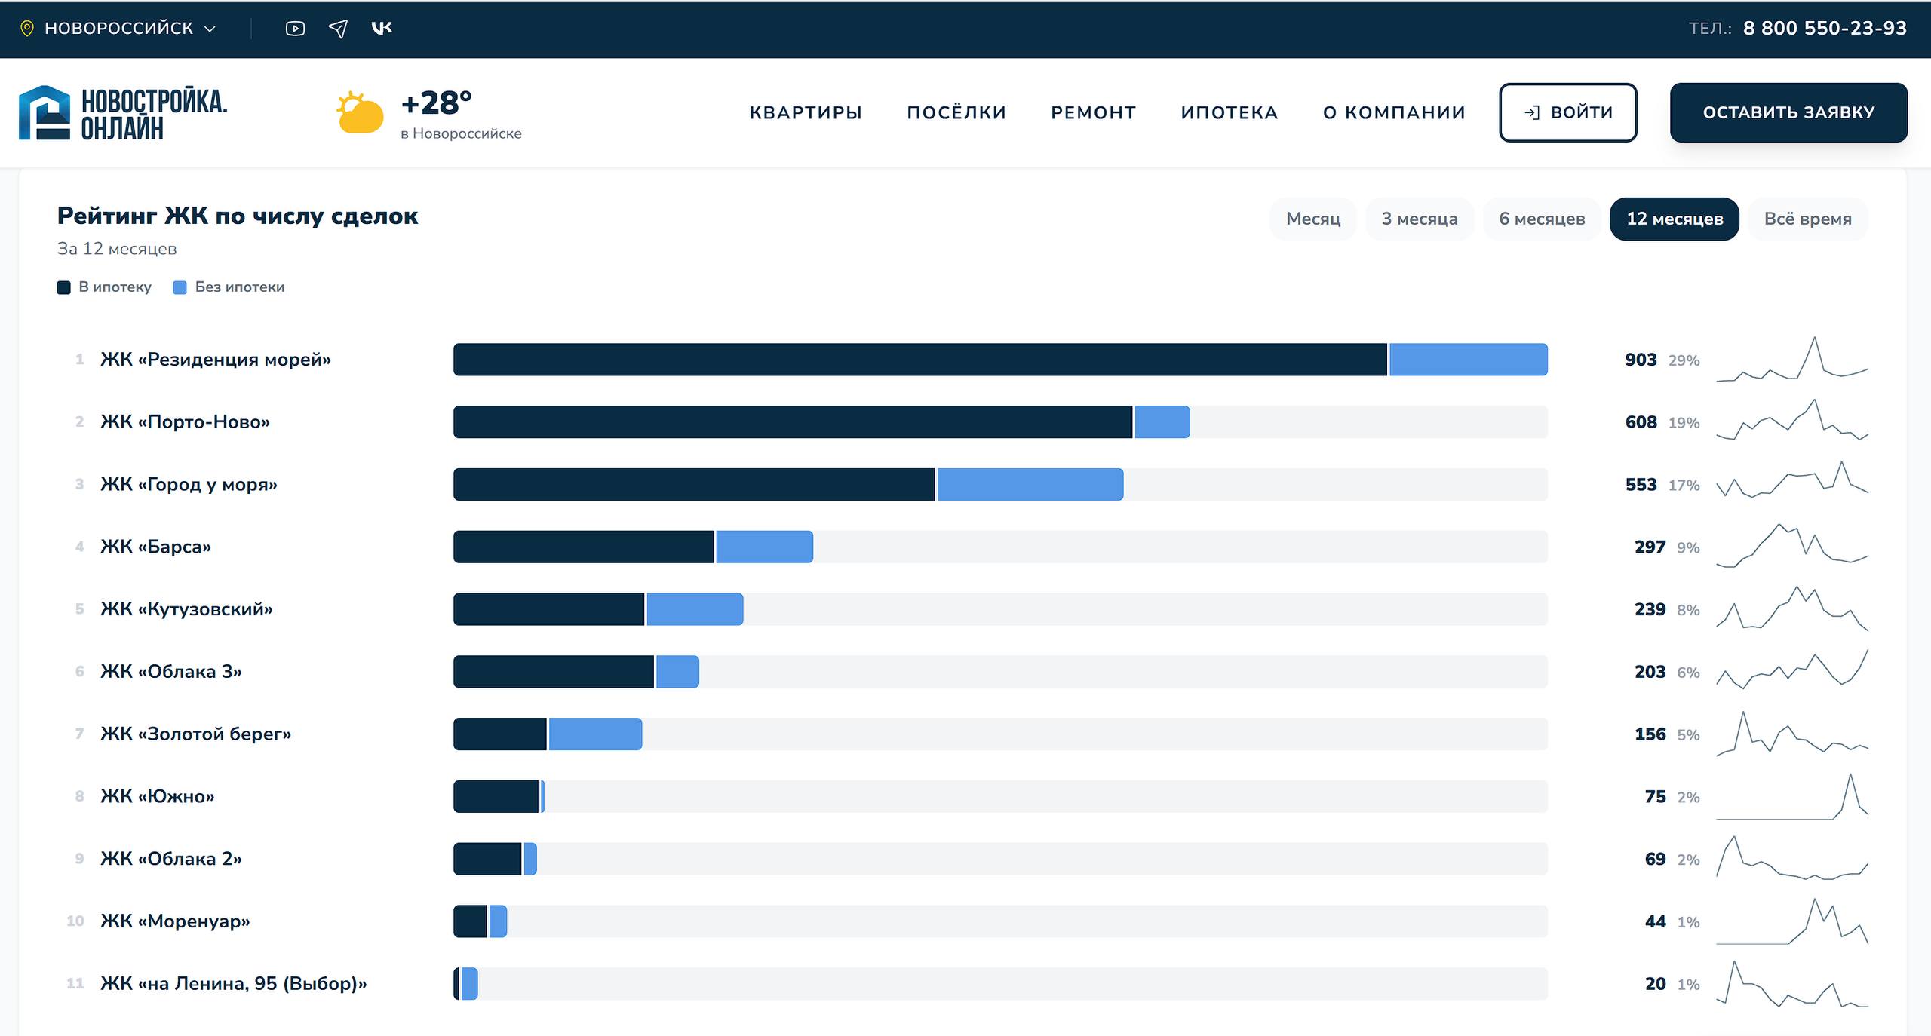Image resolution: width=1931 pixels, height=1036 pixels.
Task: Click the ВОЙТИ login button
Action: click(x=1567, y=112)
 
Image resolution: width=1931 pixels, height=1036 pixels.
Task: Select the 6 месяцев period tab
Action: click(x=1542, y=219)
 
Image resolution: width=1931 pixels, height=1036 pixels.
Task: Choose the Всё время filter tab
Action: click(x=1807, y=219)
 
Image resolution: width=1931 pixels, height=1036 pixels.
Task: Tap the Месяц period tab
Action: click(x=1313, y=219)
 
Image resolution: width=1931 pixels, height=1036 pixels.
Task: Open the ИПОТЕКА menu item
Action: click(x=1230, y=112)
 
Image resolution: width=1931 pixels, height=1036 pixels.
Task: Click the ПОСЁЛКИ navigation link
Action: click(x=956, y=112)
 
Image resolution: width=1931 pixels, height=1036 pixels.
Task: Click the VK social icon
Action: click(x=382, y=28)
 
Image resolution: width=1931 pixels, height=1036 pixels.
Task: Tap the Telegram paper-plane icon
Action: click(x=339, y=29)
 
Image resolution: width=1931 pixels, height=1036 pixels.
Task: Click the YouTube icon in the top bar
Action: click(x=295, y=29)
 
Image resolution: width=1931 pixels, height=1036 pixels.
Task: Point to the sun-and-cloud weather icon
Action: click(x=360, y=112)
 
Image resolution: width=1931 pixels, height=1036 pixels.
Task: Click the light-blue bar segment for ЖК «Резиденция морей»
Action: click(x=1468, y=360)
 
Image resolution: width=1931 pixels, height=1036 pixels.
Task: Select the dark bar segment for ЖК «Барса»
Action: click(x=583, y=547)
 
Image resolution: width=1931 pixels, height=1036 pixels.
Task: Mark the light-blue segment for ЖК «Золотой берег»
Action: click(x=595, y=734)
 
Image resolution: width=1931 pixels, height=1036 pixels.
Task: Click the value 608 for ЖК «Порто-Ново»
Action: click(x=1641, y=422)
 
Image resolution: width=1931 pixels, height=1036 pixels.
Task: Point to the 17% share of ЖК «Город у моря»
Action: click(x=1684, y=486)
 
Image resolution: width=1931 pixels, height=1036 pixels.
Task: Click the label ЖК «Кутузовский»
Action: click(x=186, y=609)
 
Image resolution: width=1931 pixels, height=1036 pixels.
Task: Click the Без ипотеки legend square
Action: click(x=180, y=287)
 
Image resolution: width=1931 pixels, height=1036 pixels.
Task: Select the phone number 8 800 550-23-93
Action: click(x=1825, y=29)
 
